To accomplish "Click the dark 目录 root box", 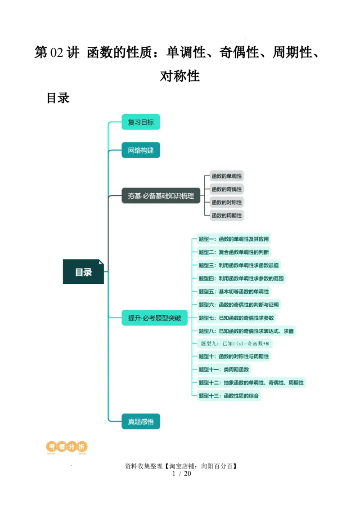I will pyautogui.click(x=83, y=272).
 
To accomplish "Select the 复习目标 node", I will pyautogui.click(x=141, y=122).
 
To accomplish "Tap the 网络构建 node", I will pyautogui.click(x=141, y=150).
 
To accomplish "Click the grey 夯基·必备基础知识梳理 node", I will pyautogui.click(x=161, y=196).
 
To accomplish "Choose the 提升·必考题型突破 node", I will pyautogui.click(x=154, y=318).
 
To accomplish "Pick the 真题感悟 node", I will pyautogui.click(x=141, y=421).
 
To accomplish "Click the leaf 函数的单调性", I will pyautogui.click(x=227, y=176).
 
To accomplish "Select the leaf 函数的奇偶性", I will pyautogui.click(x=227, y=189).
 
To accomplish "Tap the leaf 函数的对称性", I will pyautogui.click(x=227, y=202).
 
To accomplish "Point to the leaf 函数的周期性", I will pyautogui.click(x=227, y=215).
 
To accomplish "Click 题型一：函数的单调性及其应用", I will pyautogui.click(x=234, y=239).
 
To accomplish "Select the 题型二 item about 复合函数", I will pyautogui.click(x=234, y=252).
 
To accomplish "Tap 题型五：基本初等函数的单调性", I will pyautogui.click(x=234, y=291).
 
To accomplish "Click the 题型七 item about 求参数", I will pyautogui.click(x=236, y=318).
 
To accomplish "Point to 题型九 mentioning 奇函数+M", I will pyautogui.click(x=234, y=344).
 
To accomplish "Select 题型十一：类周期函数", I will pyautogui.click(x=224, y=370).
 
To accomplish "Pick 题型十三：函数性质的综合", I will pyautogui.click(x=229, y=396).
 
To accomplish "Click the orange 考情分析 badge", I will pyautogui.click(x=67, y=447).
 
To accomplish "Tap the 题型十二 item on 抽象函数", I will pyautogui.click(x=251, y=383).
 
